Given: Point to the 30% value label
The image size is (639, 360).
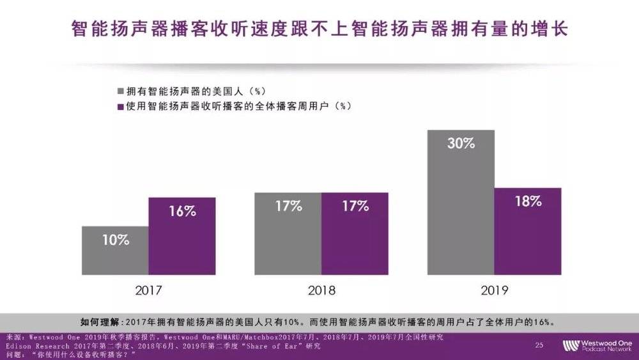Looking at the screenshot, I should click(461, 143).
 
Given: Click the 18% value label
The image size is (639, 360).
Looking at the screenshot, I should click(528, 201).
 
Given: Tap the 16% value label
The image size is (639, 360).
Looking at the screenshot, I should click(182, 212).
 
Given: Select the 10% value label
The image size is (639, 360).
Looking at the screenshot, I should click(115, 240).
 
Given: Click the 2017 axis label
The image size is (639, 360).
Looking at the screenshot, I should click(148, 290).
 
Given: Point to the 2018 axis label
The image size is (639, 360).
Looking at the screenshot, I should click(321, 290).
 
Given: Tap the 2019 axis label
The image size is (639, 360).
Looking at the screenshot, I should click(494, 290).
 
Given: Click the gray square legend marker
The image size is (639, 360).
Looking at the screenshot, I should click(120, 90).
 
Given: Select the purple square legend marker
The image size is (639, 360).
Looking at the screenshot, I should click(120, 106).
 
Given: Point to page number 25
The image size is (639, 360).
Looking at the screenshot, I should click(539, 345).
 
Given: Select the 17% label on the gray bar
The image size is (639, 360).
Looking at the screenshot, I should click(288, 206).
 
